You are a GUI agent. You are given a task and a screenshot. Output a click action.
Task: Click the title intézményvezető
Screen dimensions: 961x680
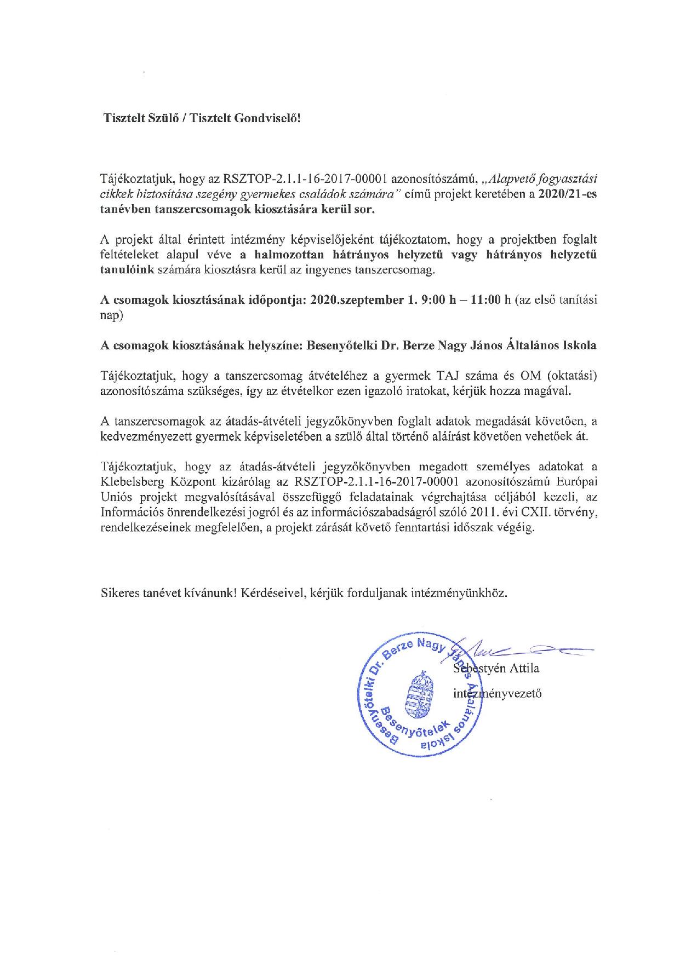coord(498,694)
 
